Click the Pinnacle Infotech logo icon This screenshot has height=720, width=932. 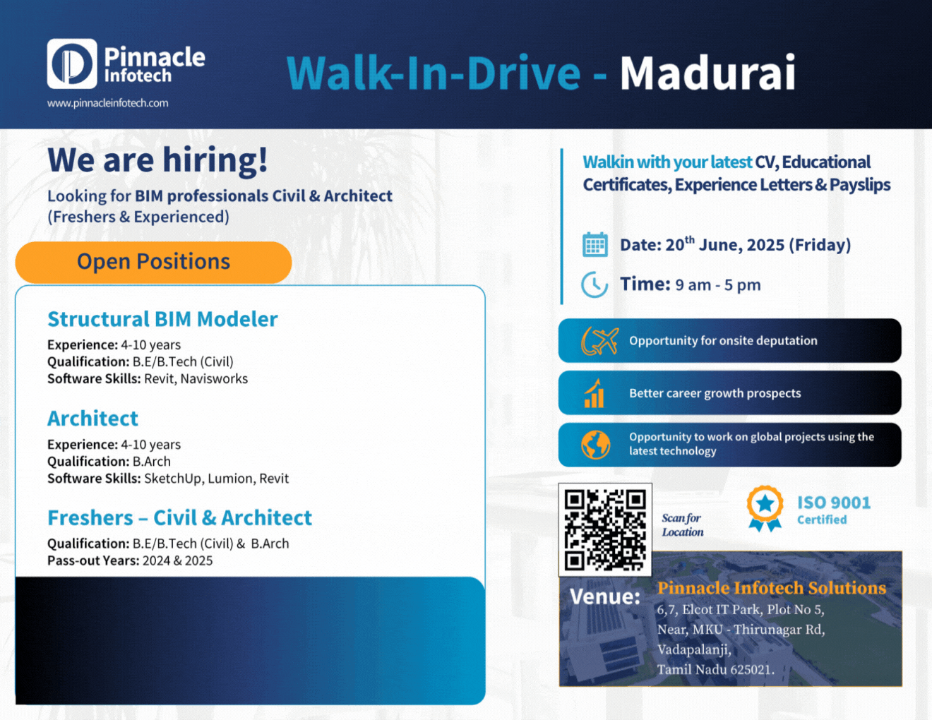pos(72,64)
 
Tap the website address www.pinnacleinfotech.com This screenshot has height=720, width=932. pos(107,103)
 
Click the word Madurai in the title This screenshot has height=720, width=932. pos(707,73)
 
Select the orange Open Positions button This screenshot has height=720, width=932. pos(153,262)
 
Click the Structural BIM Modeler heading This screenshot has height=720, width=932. pos(162,319)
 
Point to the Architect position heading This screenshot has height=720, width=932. pos(92,419)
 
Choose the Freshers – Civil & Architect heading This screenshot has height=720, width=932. pos(179,518)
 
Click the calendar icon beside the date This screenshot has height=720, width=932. pos(595,244)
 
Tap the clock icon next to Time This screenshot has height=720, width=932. pos(595,284)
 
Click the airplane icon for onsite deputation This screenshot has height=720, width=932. pos(599,341)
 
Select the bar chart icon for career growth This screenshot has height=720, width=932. pos(595,394)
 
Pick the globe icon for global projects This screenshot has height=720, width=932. pos(595,445)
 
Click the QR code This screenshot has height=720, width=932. pos(605,529)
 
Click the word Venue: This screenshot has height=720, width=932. pos(605,597)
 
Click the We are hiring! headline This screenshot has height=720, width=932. pos(157,160)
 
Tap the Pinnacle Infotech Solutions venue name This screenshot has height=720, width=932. pos(771,588)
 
